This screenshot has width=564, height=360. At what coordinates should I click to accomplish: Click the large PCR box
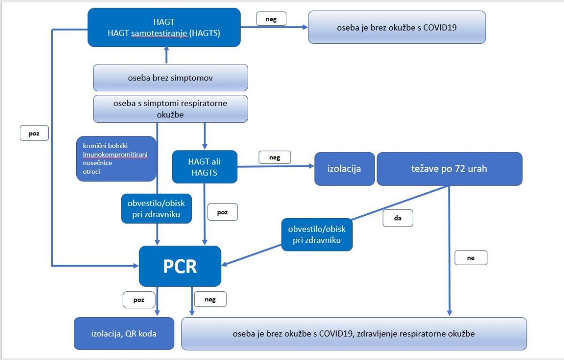point(180,266)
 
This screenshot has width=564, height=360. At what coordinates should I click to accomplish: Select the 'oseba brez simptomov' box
point(171,78)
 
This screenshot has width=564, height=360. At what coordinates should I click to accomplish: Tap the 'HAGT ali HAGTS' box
point(204,167)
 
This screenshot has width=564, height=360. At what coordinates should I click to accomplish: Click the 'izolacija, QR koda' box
point(124,333)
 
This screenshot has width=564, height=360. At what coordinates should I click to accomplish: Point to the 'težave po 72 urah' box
point(449,169)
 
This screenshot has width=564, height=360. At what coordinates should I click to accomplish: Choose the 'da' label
point(398,218)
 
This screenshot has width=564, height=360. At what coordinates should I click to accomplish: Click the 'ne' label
point(471,258)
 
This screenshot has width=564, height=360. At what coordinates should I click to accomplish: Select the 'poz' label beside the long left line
point(34,133)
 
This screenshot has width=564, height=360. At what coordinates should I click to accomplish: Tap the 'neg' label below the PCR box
point(210,299)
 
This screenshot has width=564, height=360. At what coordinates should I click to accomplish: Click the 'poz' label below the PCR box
point(139,299)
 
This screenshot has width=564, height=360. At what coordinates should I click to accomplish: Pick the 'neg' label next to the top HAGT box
point(271,19)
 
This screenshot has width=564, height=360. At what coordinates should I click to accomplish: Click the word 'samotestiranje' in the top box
point(159,33)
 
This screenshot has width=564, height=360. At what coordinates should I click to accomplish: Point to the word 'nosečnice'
point(97,163)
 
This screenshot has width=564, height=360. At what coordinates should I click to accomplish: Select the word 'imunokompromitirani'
point(115,154)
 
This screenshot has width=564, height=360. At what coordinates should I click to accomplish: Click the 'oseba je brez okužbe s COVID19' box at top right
point(397,27)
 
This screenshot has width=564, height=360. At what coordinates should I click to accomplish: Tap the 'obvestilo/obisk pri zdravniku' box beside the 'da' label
point(317,235)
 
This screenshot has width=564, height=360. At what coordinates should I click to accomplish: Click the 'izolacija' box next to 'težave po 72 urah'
point(344,169)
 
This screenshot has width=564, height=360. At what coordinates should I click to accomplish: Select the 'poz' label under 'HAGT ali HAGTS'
point(222,212)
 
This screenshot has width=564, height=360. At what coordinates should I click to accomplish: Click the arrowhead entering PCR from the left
point(136,266)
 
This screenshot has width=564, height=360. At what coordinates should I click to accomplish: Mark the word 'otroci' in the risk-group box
point(91,172)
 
